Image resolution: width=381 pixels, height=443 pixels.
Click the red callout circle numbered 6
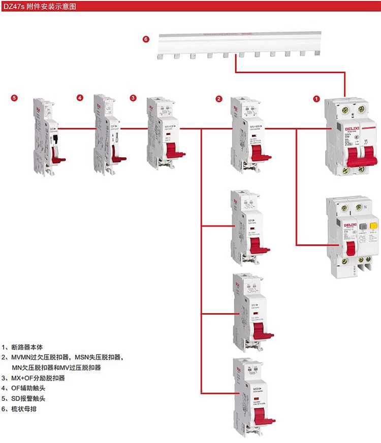146,39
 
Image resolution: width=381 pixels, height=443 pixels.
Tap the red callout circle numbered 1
316,98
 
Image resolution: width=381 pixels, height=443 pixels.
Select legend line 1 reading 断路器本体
30,348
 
